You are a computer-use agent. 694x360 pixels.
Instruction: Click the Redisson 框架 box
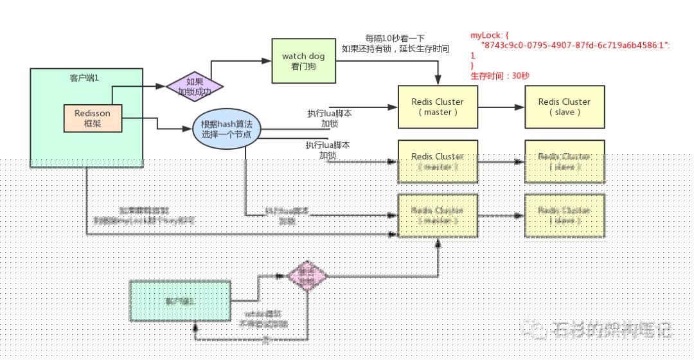pos(92,118)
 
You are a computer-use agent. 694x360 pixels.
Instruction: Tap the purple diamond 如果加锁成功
pos(194,87)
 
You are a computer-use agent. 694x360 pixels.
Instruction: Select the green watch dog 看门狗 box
pos(303,60)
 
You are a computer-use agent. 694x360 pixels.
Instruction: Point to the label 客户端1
pos(85,78)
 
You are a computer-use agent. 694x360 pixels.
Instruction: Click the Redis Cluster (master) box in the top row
pos(438,107)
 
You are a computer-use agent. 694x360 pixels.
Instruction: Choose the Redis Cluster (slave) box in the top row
pos(564,107)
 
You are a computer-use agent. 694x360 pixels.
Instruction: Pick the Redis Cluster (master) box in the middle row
pos(438,161)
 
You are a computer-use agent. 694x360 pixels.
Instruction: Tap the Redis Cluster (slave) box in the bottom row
pos(564,215)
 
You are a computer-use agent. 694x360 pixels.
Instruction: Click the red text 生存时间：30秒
pos(500,75)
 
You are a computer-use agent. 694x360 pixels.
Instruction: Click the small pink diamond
pos(307,276)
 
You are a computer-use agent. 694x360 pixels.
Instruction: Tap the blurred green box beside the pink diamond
pos(180,301)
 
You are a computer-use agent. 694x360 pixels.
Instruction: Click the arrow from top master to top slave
pos(501,107)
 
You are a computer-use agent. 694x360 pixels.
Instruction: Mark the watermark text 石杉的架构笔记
pos(610,330)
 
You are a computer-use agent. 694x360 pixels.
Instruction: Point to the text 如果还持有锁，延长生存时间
pos(395,48)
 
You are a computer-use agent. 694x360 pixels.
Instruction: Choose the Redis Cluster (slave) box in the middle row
pos(564,161)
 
